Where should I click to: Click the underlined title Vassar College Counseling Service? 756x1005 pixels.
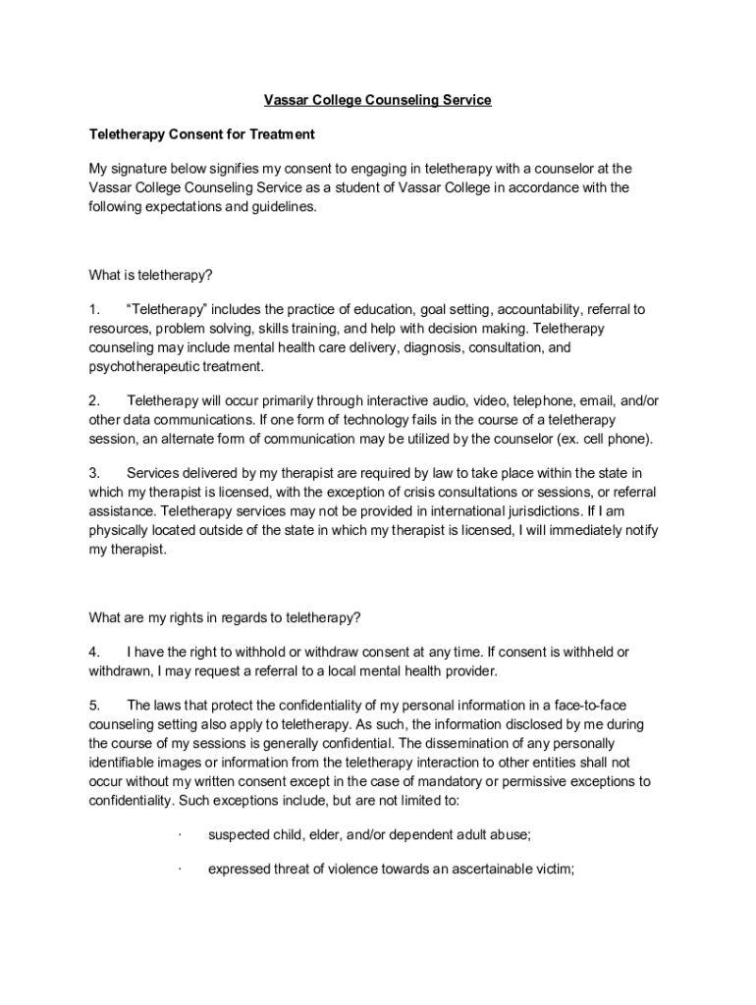coord(378,100)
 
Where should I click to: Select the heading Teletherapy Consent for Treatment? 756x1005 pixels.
coord(201,133)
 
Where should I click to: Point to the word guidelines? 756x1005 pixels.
coord(281,206)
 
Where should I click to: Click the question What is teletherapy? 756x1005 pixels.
coord(150,275)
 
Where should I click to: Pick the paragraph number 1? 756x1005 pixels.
coord(93,310)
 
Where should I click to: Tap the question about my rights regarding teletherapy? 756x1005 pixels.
coord(225,618)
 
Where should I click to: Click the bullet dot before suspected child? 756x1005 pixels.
coord(181,835)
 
